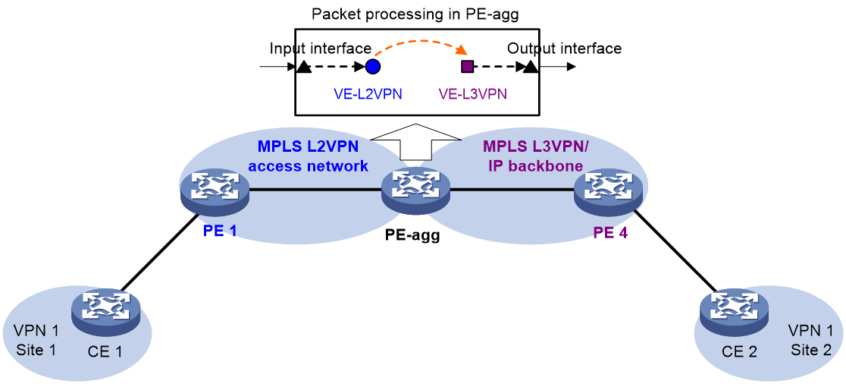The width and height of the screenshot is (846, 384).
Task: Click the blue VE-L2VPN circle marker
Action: [x=373, y=67]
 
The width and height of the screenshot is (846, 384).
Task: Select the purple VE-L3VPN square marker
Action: [x=467, y=67]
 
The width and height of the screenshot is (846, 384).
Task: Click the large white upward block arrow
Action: [x=415, y=142]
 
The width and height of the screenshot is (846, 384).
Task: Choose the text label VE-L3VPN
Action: [x=472, y=94]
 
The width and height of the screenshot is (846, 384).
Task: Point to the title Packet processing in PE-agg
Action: [x=415, y=14]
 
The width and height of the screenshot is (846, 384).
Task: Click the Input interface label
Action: [x=321, y=49]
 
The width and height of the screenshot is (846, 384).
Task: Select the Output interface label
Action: [x=564, y=49]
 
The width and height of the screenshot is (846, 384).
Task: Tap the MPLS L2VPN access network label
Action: [x=308, y=156]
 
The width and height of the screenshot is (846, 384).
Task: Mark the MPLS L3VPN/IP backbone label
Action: [x=533, y=156]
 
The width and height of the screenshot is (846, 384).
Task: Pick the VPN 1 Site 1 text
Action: [x=36, y=340]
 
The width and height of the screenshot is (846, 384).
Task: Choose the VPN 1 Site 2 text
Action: [x=811, y=340]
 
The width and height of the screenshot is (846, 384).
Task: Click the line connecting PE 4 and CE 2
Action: [x=678, y=250]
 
